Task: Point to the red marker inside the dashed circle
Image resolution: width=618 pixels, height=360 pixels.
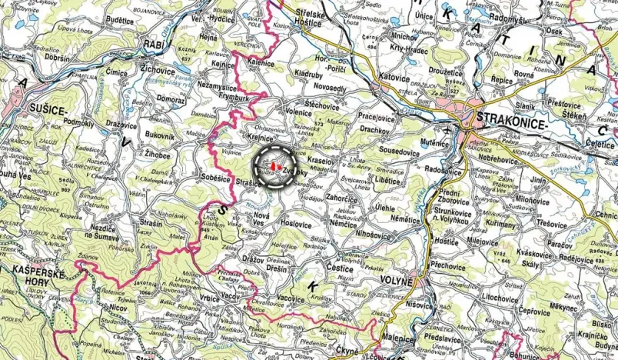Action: [x=274, y=163]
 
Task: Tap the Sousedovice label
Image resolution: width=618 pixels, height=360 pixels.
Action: [x=397, y=152]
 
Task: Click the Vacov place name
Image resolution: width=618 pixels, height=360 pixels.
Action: [x=211, y=296]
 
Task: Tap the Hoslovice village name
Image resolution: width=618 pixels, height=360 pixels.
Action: [x=295, y=223]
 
